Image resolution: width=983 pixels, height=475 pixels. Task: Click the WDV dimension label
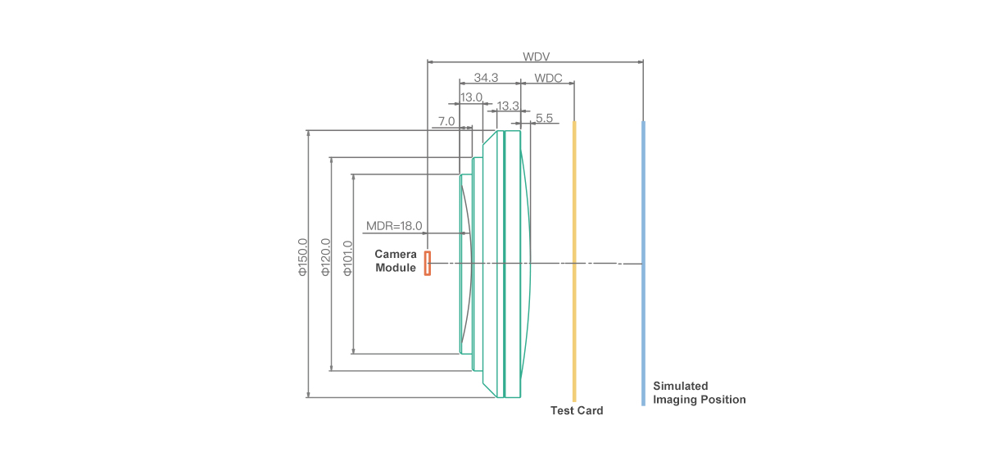(536, 57)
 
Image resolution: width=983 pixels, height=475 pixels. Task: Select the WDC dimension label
(548, 78)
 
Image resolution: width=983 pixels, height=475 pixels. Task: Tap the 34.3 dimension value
(486, 78)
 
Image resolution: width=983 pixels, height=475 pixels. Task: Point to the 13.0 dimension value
(471, 97)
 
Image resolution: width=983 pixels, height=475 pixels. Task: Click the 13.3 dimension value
(508, 106)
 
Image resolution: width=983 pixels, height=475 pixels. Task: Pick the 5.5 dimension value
(545, 119)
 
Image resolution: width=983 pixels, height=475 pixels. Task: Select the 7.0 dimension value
(446, 121)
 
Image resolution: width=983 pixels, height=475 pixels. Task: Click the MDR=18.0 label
(393, 226)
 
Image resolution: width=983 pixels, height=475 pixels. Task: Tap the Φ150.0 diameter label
(302, 257)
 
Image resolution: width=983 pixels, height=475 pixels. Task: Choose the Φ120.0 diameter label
(325, 257)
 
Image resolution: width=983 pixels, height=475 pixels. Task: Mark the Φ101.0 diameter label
(347, 258)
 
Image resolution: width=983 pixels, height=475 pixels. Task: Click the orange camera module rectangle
(428, 263)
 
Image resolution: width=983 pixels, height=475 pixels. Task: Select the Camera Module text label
(396, 261)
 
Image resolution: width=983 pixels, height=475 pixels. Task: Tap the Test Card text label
(577, 410)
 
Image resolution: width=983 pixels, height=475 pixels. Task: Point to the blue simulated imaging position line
(643, 262)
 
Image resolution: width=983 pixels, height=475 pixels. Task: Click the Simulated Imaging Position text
(699, 393)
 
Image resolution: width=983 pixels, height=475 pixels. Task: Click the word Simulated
(680, 386)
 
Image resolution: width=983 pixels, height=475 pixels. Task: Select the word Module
(396, 269)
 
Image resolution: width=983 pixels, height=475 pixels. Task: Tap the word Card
(590, 410)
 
